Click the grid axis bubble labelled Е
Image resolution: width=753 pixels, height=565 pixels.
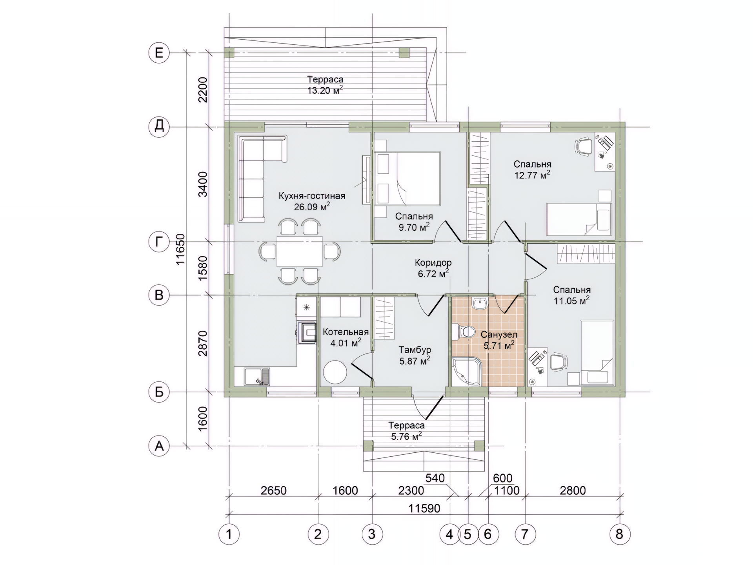tap(159, 53)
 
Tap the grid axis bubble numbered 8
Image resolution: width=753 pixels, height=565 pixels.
tap(619, 534)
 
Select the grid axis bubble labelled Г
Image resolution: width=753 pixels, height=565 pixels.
tap(159, 242)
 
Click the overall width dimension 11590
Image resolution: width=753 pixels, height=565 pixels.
tap(424, 508)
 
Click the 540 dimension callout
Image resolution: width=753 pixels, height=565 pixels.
tap(435, 478)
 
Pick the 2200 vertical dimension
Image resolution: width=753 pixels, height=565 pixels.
tap(203, 89)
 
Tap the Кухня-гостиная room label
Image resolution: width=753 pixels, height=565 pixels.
tap(312, 196)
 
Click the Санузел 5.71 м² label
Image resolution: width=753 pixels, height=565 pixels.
tap(499, 340)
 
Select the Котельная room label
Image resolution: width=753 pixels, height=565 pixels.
tap(346, 332)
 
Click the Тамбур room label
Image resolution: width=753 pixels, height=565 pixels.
tap(415, 350)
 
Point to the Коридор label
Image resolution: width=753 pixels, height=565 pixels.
tap(433, 262)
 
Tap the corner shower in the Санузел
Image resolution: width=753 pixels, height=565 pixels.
tap(466, 372)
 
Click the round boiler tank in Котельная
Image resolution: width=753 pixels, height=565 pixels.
tap(335, 372)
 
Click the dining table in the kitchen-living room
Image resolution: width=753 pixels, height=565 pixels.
tap(300, 252)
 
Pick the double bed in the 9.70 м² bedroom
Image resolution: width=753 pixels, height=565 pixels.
tap(407, 179)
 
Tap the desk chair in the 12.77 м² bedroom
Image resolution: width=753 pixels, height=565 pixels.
tap(584, 147)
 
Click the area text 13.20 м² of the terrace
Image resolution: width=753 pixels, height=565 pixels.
tap(325, 91)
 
